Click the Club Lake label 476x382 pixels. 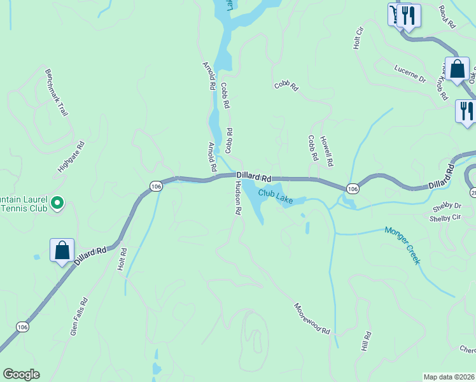276,196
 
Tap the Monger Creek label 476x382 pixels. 402,245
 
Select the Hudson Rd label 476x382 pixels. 238,199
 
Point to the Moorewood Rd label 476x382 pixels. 312,318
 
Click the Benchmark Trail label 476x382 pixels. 56,92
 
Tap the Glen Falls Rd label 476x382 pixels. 79,316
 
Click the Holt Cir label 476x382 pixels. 358,39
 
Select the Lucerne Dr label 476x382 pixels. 409,74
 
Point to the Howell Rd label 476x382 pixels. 326,152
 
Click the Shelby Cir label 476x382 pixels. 445,217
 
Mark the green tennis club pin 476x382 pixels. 57,203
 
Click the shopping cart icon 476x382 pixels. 396,14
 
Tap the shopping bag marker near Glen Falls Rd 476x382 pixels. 62,250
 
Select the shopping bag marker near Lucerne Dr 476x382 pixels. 457,69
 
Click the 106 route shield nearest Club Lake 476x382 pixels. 353,188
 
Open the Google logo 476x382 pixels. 22,374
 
